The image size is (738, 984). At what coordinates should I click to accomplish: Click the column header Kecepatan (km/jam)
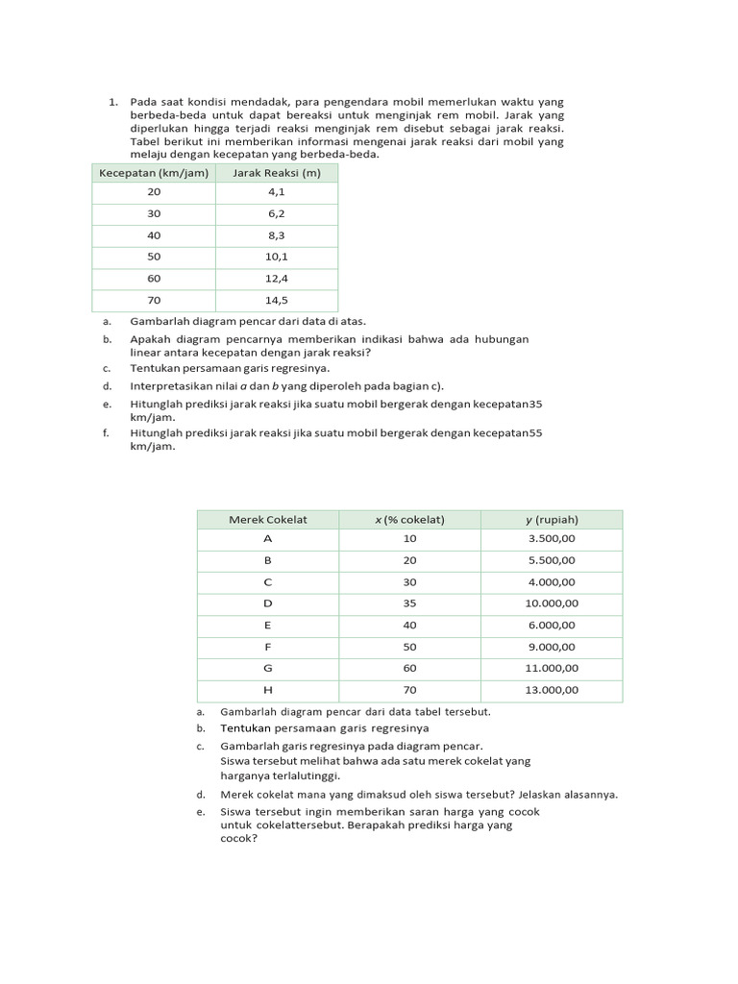[154, 173]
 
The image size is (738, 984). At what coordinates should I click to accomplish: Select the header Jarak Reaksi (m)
[277, 173]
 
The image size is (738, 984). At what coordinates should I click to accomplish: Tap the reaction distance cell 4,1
[277, 192]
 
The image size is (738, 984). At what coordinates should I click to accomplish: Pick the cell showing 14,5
[277, 301]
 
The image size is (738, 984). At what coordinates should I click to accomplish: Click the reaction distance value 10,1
[277, 258]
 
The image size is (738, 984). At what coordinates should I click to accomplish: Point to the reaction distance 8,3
[277, 235]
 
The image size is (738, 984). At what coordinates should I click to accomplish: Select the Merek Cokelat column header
[268, 520]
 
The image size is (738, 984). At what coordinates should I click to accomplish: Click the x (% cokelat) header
[409, 520]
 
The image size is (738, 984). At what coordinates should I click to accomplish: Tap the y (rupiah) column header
[552, 520]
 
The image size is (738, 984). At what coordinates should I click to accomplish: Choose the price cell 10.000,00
[552, 603]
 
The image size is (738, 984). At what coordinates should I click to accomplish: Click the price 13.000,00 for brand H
[552, 690]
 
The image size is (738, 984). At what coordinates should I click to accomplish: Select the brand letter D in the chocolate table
[268, 603]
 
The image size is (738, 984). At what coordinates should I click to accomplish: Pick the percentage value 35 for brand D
[409, 603]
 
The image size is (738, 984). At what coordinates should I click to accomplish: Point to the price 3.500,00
[552, 539]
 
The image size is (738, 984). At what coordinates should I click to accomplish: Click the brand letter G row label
[268, 668]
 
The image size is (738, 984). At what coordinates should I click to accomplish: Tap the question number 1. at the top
[112, 102]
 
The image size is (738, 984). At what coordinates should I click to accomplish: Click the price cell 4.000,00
[552, 582]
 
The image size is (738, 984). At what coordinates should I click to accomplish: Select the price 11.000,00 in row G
[552, 668]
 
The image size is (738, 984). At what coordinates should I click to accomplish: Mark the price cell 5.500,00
[552, 560]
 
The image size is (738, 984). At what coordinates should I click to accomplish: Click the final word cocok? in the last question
[239, 838]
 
